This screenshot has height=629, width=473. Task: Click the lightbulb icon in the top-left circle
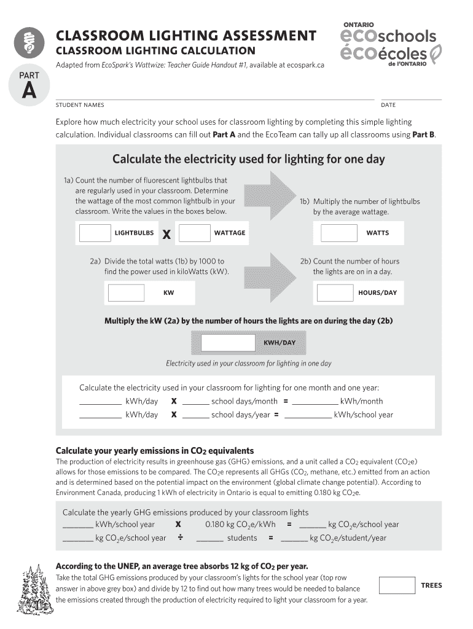click(28, 41)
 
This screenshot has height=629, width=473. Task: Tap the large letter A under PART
click(28, 90)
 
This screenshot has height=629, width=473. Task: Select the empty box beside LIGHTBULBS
click(95, 233)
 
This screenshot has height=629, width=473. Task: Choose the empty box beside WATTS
click(339, 233)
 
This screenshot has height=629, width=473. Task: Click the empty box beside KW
click(126, 293)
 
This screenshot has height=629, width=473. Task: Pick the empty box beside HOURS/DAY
click(335, 293)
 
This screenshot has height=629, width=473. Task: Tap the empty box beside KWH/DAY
click(228, 342)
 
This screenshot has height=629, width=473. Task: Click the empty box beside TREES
click(397, 585)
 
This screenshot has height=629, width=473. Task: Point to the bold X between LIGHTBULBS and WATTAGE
click(166, 234)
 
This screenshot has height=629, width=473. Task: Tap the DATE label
click(388, 105)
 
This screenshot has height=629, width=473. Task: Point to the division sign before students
click(181, 538)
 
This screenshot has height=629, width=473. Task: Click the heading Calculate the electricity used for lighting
click(248, 160)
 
